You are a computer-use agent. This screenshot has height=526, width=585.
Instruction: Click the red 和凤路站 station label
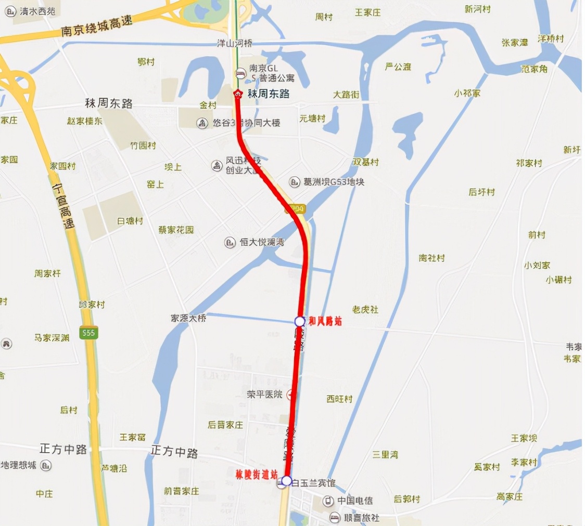(x=325, y=321)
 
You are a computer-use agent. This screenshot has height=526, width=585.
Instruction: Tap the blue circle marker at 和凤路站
(x=300, y=321)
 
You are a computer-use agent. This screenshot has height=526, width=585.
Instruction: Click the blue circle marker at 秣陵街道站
(x=286, y=480)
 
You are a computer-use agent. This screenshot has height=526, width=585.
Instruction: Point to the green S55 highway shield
(x=89, y=332)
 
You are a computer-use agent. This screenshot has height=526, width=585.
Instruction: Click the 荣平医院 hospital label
(x=264, y=394)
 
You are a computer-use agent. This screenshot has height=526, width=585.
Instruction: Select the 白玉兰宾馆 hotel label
(x=314, y=484)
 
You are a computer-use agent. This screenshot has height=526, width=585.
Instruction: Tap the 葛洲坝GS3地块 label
(x=334, y=182)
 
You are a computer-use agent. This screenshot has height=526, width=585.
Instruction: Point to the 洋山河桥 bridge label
(x=234, y=44)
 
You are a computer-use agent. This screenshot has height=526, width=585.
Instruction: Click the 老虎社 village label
(x=365, y=310)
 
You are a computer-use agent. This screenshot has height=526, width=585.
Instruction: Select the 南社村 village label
(x=432, y=258)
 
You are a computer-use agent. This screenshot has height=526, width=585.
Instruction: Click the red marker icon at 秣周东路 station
(x=238, y=94)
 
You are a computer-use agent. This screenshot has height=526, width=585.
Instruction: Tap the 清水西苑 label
(x=37, y=11)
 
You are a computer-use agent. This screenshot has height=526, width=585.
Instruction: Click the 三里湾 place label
(x=385, y=454)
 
